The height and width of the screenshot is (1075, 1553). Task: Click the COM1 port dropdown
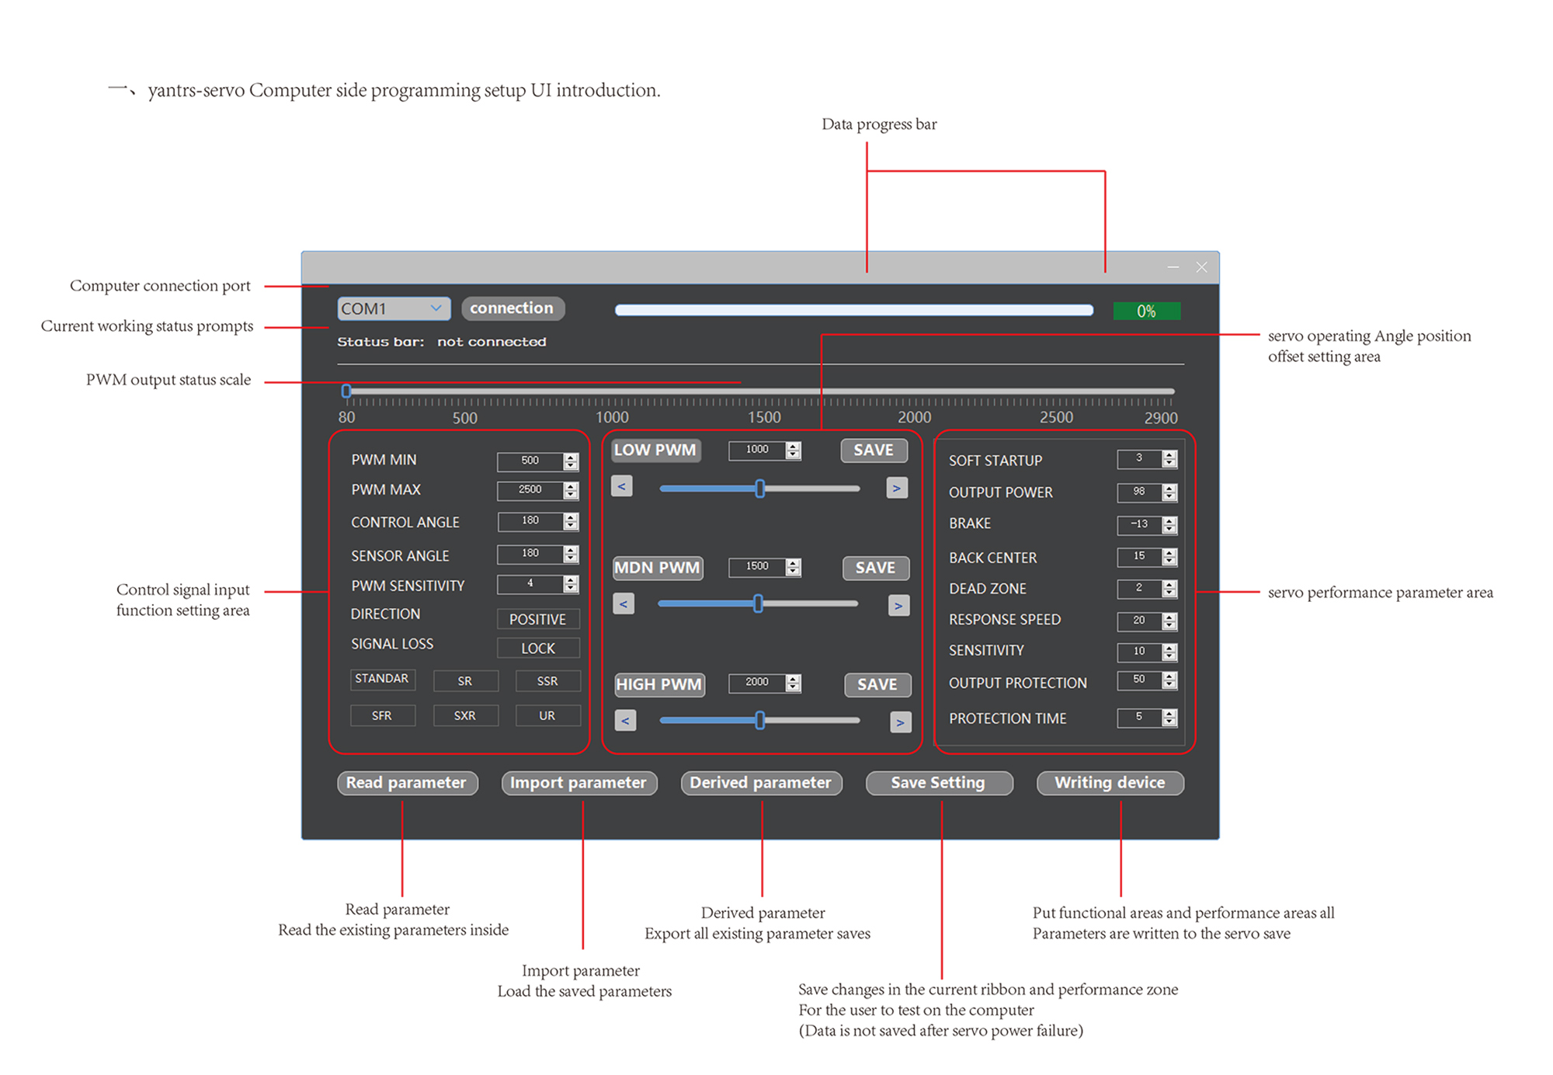[x=393, y=308]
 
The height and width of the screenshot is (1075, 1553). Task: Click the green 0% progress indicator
[x=1146, y=311]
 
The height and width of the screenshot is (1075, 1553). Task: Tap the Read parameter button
[x=407, y=783]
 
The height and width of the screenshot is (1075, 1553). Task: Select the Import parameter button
[x=578, y=783]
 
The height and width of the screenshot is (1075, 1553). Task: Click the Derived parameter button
[x=761, y=783]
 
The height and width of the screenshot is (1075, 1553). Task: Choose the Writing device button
[x=1110, y=783]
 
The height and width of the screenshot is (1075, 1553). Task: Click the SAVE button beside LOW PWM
[x=874, y=451]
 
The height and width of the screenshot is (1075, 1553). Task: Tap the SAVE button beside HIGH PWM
[x=877, y=684]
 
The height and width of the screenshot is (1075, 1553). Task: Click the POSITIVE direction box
[x=537, y=619]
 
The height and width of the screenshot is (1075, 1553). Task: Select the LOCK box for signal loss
[x=537, y=648]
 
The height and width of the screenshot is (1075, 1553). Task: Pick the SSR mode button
[x=547, y=681]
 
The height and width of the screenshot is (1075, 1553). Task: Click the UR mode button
[x=547, y=715]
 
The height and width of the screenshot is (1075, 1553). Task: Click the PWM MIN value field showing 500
[x=530, y=461]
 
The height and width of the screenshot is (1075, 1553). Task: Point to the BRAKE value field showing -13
[x=1139, y=524]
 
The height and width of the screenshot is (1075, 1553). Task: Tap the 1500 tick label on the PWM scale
[x=765, y=417]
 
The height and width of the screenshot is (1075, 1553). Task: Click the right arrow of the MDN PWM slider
[x=898, y=606]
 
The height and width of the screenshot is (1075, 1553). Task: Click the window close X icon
[x=1201, y=267]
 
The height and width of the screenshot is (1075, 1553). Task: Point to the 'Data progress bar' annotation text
[x=879, y=124]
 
